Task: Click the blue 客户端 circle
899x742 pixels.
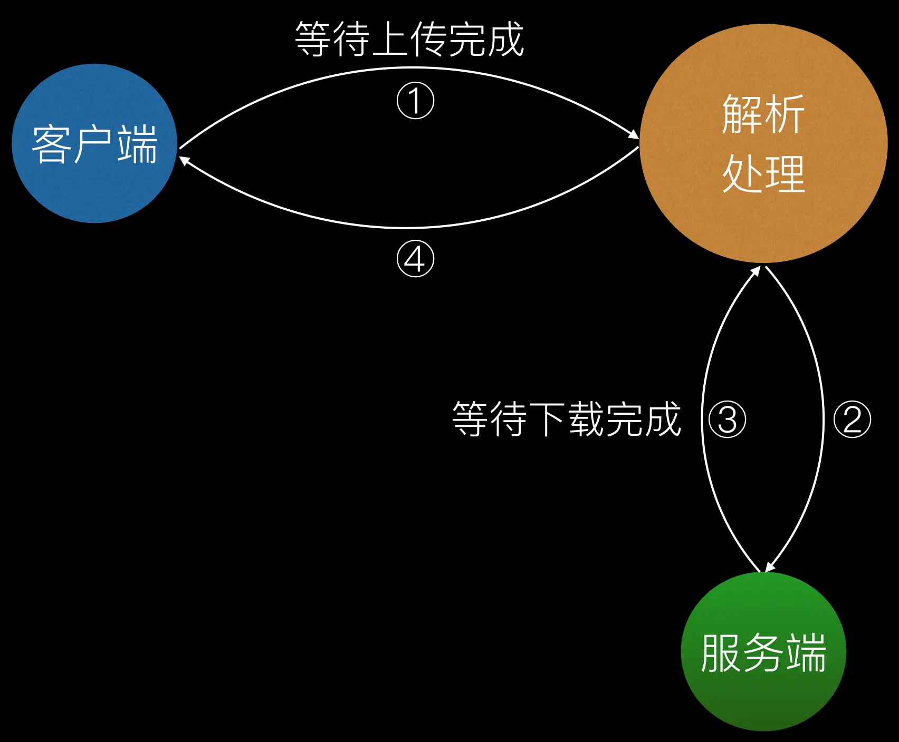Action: (94, 143)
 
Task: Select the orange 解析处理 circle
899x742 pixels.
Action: (763, 143)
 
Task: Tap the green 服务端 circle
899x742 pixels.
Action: (763, 652)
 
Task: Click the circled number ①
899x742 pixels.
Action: (415, 100)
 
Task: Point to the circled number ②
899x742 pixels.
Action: (852, 419)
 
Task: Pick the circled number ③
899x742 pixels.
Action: (728, 419)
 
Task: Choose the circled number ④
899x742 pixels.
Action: (415, 259)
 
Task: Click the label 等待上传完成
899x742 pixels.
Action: (409, 40)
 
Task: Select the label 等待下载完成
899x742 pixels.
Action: (567, 419)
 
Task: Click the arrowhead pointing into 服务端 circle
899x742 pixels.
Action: (769, 567)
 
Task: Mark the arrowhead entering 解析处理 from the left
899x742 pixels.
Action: (634, 135)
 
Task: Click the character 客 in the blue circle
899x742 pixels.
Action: (51, 143)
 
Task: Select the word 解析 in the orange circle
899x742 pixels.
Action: (763, 114)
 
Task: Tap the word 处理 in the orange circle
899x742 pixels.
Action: (763, 174)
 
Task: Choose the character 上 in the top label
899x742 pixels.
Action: (390, 40)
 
